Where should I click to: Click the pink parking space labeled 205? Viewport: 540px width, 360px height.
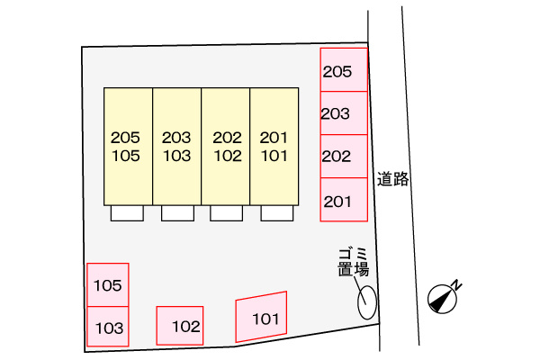pos(344,69)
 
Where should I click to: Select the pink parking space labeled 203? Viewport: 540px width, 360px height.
pos(344,113)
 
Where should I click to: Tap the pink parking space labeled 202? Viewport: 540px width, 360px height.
pos(344,157)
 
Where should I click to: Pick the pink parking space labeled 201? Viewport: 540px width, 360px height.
pos(344,200)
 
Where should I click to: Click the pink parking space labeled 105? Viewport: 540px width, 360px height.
pos(108,285)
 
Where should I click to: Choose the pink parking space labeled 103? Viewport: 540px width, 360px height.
pos(108,327)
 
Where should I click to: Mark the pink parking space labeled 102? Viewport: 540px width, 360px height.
pos(180,326)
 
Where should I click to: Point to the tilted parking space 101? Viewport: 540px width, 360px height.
pos(261,317)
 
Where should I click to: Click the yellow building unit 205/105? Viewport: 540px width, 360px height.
pos(128,147)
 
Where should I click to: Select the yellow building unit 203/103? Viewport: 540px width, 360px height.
pos(177,147)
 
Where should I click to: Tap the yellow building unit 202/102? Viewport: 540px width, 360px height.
pos(226,147)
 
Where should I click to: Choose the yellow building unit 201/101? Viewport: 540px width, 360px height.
pos(274,147)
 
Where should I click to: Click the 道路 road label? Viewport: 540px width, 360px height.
pos(392,179)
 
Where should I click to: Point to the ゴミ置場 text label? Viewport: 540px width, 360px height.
pos(354,262)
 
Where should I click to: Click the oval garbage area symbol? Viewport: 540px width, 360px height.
pos(367,302)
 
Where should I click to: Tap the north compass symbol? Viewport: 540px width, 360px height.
pos(442,298)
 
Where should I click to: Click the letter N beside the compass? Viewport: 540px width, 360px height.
pos(456,284)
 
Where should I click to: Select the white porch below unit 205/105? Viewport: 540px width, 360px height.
pos(127,213)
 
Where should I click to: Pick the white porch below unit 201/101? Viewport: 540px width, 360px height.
pos(277,213)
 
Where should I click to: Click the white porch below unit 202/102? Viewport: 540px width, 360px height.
pos(226,213)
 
